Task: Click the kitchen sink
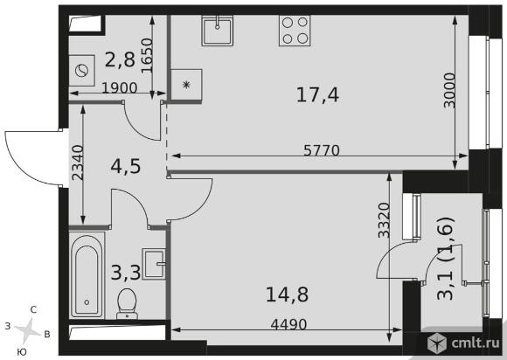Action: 218,31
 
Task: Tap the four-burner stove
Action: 295,31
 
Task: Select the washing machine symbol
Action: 82,71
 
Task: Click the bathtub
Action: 87,275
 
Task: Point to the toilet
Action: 127,303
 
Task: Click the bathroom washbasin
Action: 154,264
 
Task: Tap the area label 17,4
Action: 317,95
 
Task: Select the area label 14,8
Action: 287,294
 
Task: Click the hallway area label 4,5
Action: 126,166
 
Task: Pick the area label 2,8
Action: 120,59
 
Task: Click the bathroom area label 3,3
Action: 126,273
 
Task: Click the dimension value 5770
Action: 322,150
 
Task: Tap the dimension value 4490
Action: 288,324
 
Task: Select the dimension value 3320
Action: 385,220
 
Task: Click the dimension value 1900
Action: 120,88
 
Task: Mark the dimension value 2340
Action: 78,163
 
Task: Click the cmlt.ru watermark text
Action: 476,343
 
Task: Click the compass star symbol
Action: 29,330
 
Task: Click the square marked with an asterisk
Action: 186,85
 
